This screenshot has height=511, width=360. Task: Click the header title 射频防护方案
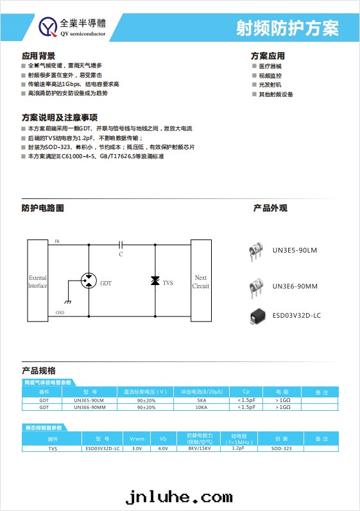click(x=287, y=28)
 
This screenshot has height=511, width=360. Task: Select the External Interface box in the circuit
click(x=37, y=281)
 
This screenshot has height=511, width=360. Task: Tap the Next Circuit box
click(x=201, y=281)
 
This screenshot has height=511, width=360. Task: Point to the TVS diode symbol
click(x=155, y=282)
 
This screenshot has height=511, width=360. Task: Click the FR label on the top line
click(x=58, y=241)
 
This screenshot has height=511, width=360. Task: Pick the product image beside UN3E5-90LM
click(x=257, y=251)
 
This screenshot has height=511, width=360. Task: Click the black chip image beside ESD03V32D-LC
click(x=258, y=315)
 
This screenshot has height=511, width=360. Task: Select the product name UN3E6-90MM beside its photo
click(x=295, y=286)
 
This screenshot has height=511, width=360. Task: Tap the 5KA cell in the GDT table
click(x=201, y=400)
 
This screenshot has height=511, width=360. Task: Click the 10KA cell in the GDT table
click(x=201, y=407)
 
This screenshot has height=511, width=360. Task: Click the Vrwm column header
click(x=136, y=439)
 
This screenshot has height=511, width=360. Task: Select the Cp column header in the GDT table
click(x=246, y=392)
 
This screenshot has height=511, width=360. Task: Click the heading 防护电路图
click(x=42, y=208)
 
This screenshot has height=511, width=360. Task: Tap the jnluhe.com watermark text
click(x=179, y=497)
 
